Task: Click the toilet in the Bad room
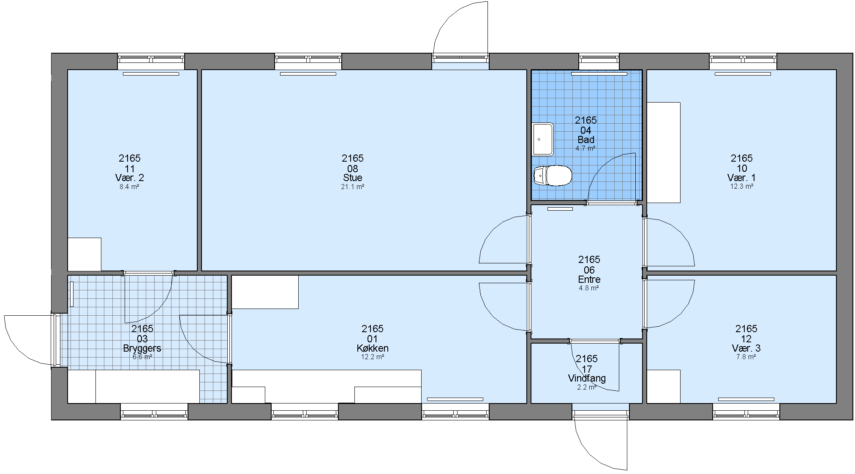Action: pyautogui.click(x=553, y=176)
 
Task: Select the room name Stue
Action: pyautogui.click(x=353, y=178)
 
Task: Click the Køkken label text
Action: pyautogui.click(x=373, y=348)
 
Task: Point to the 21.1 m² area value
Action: pyautogui.click(x=353, y=187)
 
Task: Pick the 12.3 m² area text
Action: pyautogui.click(x=742, y=186)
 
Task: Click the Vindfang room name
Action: pyautogui.click(x=587, y=378)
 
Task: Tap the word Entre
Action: pyautogui.click(x=589, y=279)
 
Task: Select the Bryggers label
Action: pyautogui.click(x=142, y=348)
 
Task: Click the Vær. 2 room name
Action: pyautogui.click(x=129, y=178)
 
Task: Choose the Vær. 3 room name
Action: pyautogui.click(x=746, y=348)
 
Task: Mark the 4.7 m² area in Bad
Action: pyautogui.click(x=585, y=148)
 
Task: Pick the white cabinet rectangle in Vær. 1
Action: pyautogui.click(x=664, y=152)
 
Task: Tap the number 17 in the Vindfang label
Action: pyautogui.click(x=587, y=369)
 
